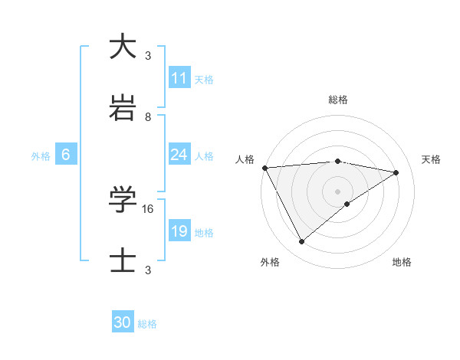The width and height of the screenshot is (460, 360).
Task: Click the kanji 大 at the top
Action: tap(123, 46)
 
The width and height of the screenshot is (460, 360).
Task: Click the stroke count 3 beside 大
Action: tap(148, 55)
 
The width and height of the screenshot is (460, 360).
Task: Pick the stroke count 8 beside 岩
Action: tap(148, 117)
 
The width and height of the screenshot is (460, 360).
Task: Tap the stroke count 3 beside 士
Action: tap(148, 270)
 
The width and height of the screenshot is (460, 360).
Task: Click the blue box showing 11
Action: tap(179, 78)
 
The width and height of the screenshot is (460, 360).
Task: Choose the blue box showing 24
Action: tap(179, 155)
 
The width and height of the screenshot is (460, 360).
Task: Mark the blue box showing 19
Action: tap(179, 231)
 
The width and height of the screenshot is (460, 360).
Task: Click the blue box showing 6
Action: tap(66, 155)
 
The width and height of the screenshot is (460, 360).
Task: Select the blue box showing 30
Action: tap(123, 322)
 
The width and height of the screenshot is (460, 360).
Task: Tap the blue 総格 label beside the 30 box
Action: tap(147, 324)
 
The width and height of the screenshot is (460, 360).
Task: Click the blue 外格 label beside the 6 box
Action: tap(41, 156)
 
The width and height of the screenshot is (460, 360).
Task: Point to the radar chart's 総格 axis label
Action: tap(338, 100)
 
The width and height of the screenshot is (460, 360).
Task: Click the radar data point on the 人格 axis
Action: tap(264, 168)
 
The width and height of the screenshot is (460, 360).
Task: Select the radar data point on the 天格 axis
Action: tap(396, 172)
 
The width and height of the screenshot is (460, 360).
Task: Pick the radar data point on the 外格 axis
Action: tap(301, 242)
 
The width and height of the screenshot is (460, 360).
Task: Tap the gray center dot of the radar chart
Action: tap(338, 191)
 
